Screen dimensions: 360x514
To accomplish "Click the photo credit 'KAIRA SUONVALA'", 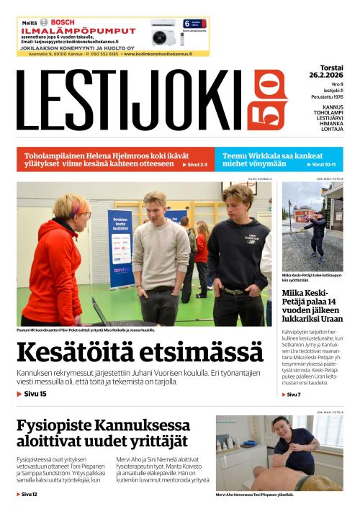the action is pyautogui.click(x=258, y=178).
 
